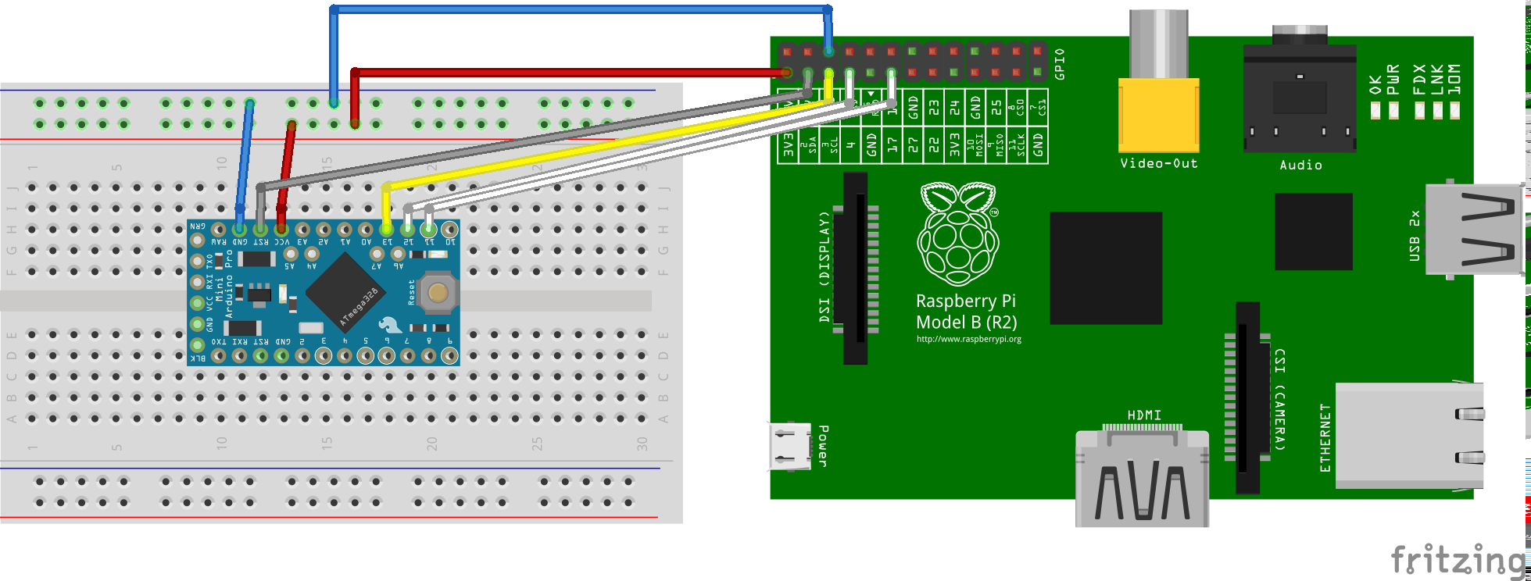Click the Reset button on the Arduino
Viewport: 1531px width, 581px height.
[437, 293]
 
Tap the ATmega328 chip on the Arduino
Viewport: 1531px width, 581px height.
[344, 291]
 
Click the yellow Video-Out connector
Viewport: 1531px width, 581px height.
[1158, 114]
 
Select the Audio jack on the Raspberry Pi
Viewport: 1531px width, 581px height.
[1300, 98]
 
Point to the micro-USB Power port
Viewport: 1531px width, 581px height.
[789, 446]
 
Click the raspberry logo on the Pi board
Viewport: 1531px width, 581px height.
[958, 234]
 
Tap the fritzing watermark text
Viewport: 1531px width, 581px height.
[1458, 561]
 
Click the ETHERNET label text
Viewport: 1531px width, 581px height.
[1325, 437]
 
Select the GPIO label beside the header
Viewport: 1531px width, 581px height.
[1059, 64]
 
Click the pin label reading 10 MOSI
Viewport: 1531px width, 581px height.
[975, 146]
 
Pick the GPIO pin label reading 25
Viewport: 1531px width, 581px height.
[996, 108]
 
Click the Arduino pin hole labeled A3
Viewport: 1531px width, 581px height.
[302, 230]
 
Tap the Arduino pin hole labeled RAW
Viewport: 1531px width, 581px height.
[219, 230]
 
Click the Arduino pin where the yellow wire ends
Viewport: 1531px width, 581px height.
[386, 230]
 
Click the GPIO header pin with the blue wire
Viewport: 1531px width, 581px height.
[828, 52]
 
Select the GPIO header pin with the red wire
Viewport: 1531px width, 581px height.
[787, 73]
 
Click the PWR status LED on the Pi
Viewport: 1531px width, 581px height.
[1393, 110]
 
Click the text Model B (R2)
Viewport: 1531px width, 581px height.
[966, 323]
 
